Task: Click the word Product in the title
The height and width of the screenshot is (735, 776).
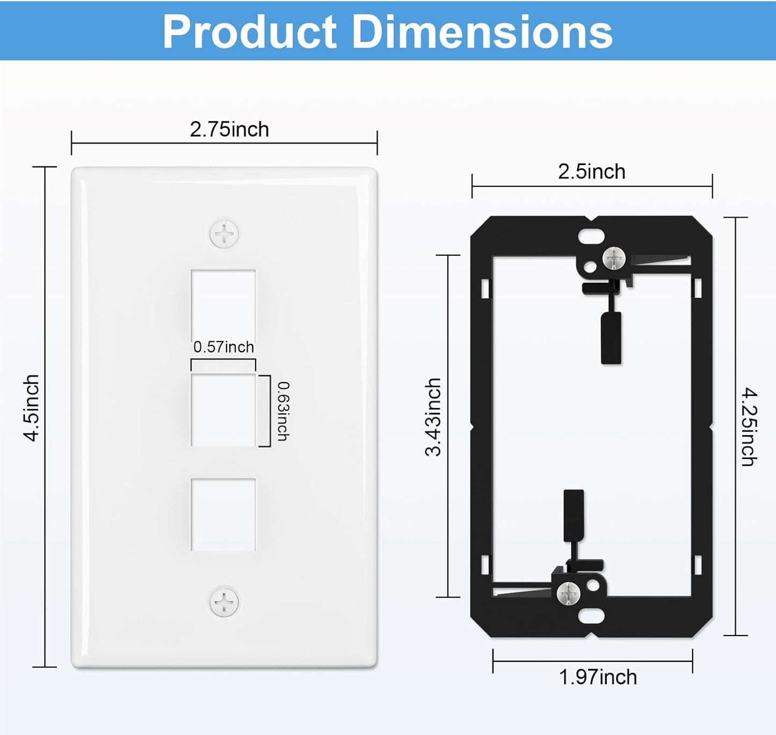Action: (249, 32)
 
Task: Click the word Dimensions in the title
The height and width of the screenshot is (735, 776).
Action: (482, 32)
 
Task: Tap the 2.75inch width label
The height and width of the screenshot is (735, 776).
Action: (229, 129)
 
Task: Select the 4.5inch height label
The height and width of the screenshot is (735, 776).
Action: (32, 408)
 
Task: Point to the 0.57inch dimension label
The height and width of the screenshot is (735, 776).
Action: (223, 347)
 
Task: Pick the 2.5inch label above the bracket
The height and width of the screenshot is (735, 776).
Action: (591, 172)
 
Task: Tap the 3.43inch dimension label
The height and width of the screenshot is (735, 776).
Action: (433, 417)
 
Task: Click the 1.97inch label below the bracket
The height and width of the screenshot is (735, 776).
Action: (598, 677)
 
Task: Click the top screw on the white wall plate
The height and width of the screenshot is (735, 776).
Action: (224, 234)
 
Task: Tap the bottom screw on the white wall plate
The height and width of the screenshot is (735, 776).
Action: (224, 602)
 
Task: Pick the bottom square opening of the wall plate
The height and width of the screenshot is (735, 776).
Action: (223, 514)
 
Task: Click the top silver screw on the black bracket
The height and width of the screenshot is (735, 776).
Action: (614, 258)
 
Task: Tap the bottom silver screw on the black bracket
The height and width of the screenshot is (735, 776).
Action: (568, 593)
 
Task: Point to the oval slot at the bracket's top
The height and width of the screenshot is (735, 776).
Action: (591, 236)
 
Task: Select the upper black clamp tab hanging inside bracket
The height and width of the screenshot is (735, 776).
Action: (611, 337)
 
